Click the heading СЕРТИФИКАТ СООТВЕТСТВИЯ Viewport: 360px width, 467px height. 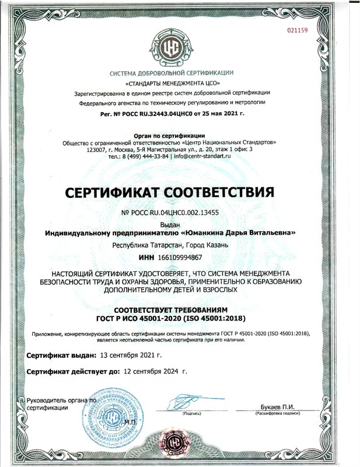pos(180,191)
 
